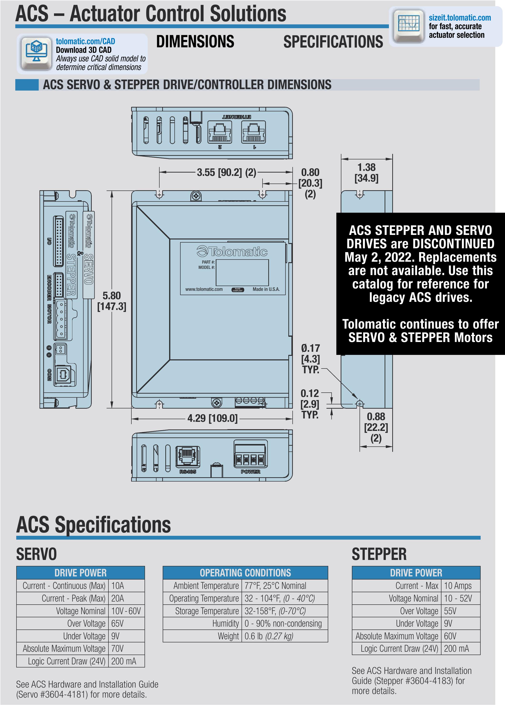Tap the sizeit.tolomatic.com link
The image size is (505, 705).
point(460,18)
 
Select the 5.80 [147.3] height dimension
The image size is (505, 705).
point(112,301)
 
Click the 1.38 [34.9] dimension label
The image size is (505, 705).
point(366,173)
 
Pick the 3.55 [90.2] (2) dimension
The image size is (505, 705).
point(226,172)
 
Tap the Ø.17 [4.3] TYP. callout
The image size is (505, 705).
point(311,359)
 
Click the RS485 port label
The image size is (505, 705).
point(188,472)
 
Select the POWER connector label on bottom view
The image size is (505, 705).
point(251,472)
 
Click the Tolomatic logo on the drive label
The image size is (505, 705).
point(232,251)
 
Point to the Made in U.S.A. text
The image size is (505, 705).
point(266,289)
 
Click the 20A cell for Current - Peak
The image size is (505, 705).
point(118,598)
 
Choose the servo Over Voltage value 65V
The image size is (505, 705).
point(118,623)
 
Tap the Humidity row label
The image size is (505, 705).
point(225,623)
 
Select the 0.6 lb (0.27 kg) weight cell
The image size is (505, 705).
point(269,636)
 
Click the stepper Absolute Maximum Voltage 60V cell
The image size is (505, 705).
point(450,636)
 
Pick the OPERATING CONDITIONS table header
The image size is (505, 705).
point(245,573)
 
